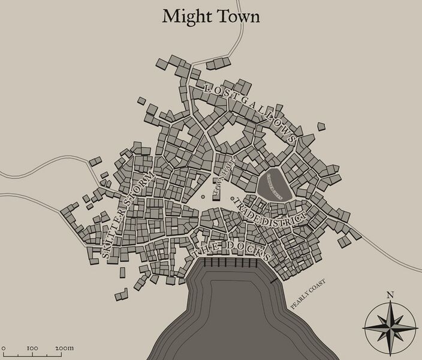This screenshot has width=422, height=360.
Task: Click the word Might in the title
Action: click(x=183, y=16)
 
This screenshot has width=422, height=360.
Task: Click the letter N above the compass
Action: click(x=390, y=295)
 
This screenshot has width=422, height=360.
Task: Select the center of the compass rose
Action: click(x=390, y=326)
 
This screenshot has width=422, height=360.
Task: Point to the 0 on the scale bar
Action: click(x=4, y=347)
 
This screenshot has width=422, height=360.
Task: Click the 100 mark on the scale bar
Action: click(x=33, y=347)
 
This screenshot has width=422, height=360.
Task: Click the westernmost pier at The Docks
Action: click(x=205, y=264)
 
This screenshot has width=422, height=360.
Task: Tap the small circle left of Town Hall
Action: click(x=204, y=194)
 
